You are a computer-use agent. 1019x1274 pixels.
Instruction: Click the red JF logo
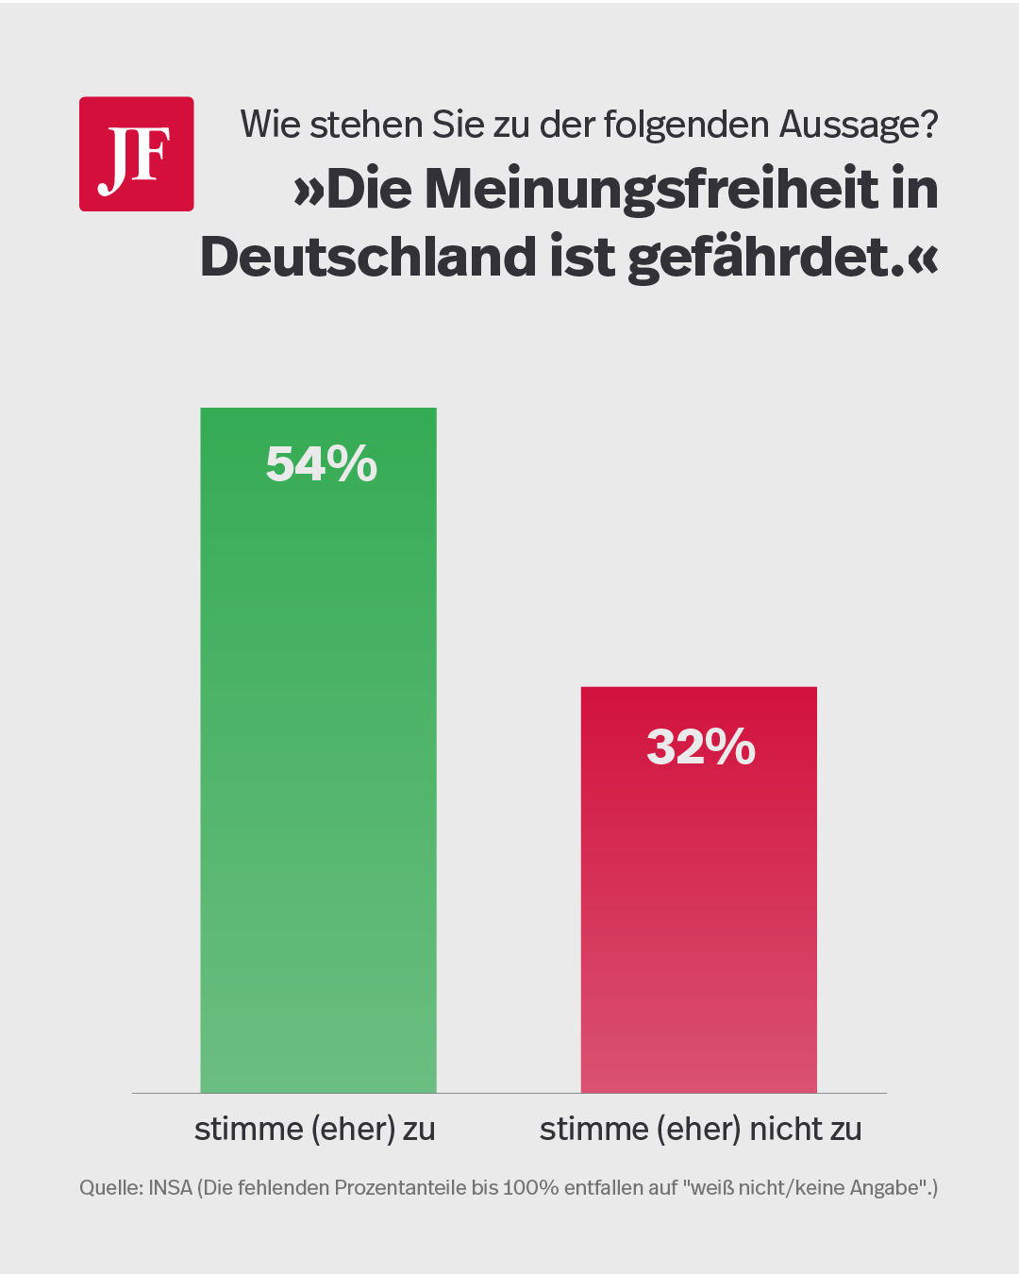tap(136, 154)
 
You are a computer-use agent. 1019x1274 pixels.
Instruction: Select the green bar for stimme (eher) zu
tap(318, 755)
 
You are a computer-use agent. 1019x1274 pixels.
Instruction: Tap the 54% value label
tap(321, 464)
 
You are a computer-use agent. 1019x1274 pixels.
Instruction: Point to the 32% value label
tap(701, 746)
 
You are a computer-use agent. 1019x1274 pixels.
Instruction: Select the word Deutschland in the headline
tap(369, 257)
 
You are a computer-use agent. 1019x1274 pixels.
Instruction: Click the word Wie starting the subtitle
tap(270, 125)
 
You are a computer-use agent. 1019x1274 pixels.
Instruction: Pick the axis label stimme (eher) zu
tap(314, 1129)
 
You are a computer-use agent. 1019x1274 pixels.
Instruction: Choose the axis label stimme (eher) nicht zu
tap(700, 1129)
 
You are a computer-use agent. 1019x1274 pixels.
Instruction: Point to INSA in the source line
tap(171, 1188)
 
